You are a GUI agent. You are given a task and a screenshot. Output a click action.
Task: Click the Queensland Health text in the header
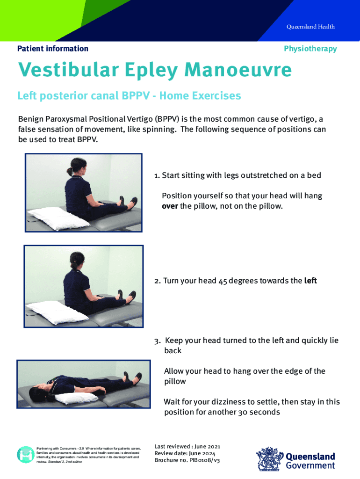310,27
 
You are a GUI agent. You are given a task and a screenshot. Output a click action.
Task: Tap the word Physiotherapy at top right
310,49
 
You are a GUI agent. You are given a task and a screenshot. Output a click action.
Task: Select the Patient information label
52,49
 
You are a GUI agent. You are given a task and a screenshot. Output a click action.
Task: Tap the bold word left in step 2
310,281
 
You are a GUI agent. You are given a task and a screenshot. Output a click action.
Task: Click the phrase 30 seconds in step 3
259,412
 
